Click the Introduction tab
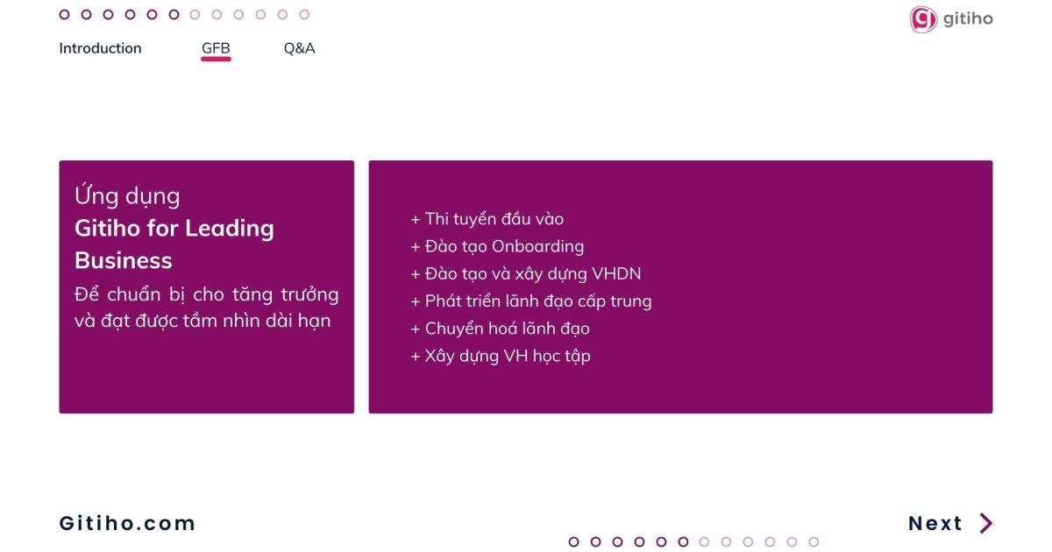click(100, 48)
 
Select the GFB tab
click(216, 48)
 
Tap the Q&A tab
click(299, 48)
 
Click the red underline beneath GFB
click(216, 60)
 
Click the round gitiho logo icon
click(923, 19)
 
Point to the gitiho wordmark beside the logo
click(968, 18)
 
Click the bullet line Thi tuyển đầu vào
click(487, 219)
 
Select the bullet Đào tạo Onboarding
click(497, 246)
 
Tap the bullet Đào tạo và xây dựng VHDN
click(526, 273)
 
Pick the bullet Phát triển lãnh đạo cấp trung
click(531, 301)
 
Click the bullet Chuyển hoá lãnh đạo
click(501, 329)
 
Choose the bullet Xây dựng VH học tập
click(501, 357)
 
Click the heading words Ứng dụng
click(127, 195)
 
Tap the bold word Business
click(124, 260)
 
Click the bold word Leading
click(230, 229)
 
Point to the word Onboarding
click(537, 246)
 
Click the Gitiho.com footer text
click(127, 523)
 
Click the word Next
click(935, 523)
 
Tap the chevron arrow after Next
click(987, 523)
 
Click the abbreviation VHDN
click(616, 273)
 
